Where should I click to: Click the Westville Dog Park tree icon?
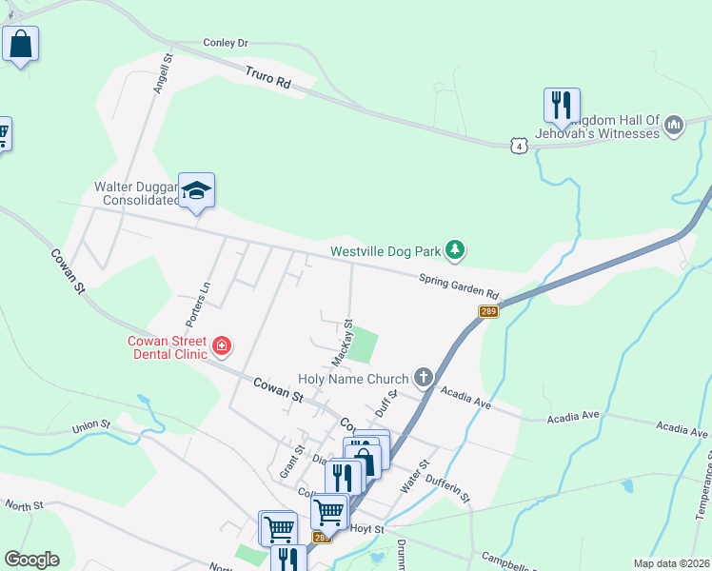click(x=457, y=250)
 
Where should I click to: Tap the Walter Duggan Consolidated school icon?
click(x=197, y=191)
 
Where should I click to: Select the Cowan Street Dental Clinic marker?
click(x=222, y=345)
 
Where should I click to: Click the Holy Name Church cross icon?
click(x=423, y=379)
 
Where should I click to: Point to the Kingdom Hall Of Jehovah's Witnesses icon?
click(x=674, y=125)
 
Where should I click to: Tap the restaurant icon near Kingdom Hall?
click(x=562, y=105)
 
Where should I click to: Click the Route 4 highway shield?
click(x=517, y=145)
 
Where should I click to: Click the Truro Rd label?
click(x=267, y=77)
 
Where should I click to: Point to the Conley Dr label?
click(x=225, y=43)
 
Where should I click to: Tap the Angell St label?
click(x=162, y=73)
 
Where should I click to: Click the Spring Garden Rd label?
click(x=460, y=285)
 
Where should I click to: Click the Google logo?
click(x=31, y=560)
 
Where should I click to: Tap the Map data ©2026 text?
click(x=671, y=563)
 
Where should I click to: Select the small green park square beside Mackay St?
click(x=363, y=345)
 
